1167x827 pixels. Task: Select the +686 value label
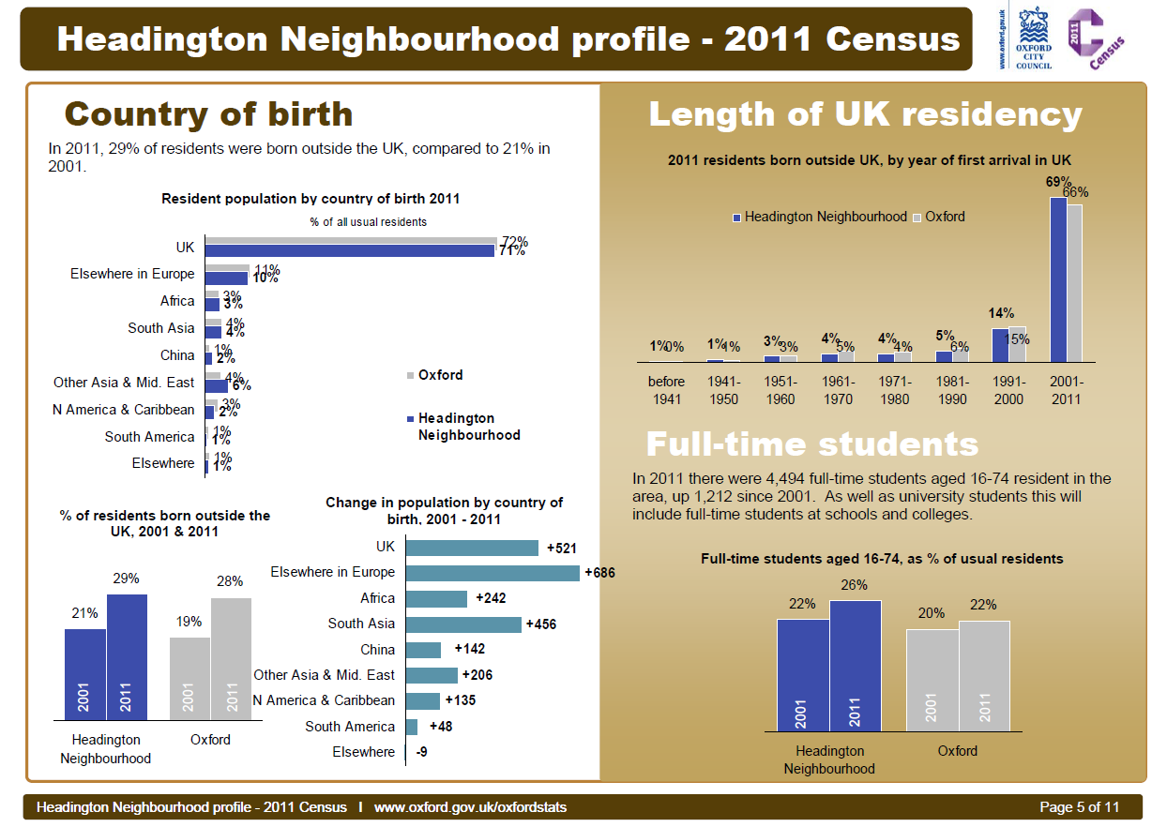[x=599, y=572]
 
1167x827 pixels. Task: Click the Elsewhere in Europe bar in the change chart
[x=493, y=572]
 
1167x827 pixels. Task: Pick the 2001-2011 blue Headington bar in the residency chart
[x=1057, y=279]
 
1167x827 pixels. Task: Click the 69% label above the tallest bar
[x=1058, y=182]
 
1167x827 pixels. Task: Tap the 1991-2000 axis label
[x=1009, y=390]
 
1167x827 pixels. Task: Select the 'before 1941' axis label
[x=666, y=390]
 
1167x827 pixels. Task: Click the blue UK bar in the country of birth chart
[x=350, y=250]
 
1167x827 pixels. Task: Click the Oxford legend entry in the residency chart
[x=944, y=217]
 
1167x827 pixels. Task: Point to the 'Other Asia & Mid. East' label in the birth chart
[x=124, y=383]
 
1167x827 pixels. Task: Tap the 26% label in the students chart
[x=855, y=585]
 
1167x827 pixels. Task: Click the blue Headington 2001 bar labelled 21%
[x=84, y=673]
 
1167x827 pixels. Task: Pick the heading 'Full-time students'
[x=811, y=444]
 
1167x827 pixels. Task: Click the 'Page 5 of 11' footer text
[x=1080, y=807]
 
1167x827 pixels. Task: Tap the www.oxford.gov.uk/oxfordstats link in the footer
[x=470, y=807]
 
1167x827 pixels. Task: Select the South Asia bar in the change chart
[x=463, y=624]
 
